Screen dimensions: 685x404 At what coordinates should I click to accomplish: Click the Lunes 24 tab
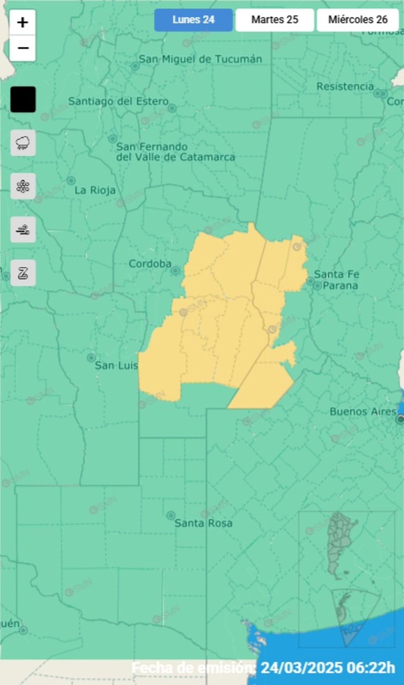(193, 20)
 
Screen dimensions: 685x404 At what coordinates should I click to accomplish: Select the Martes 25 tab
(275, 20)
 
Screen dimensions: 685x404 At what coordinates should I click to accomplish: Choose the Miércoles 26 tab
(358, 20)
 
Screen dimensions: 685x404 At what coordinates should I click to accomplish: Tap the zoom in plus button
(23, 23)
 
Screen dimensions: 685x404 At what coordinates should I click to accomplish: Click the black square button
(23, 99)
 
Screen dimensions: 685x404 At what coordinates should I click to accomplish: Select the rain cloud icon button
(23, 143)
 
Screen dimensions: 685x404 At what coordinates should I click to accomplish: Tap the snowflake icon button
(23, 186)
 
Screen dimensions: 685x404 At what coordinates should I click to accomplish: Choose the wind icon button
(23, 230)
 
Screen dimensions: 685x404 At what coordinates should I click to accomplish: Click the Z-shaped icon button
(23, 273)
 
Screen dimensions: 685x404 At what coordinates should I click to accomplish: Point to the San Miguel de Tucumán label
(200, 59)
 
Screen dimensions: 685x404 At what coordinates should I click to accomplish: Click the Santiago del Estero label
(118, 101)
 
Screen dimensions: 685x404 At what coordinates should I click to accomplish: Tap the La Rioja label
(95, 190)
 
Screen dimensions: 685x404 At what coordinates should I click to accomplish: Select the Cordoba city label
(150, 264)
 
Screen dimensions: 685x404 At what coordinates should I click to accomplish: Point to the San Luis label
(116, 365)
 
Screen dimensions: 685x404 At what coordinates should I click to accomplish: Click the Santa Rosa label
(203, 523)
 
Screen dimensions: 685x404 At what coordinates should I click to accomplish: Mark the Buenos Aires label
(363, 412)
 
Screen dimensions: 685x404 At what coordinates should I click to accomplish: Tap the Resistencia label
(345, 87)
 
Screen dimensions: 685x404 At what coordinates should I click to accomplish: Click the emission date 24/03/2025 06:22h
(328, 667)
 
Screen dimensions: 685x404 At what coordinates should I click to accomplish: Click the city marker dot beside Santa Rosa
(171, 515)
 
